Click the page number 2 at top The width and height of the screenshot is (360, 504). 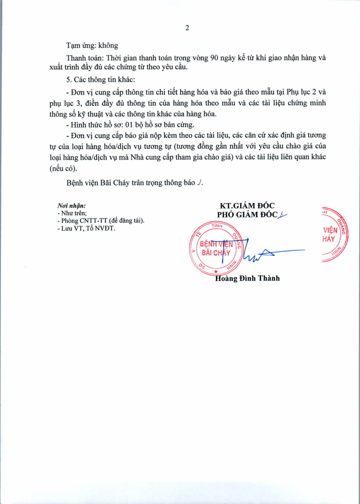(x=187, y=28)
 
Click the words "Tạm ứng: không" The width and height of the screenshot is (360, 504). (x=92, y=46)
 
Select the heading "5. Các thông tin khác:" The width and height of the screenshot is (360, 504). (x=97, y=79)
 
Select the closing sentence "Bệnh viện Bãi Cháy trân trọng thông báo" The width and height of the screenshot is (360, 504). (x=130, y=182)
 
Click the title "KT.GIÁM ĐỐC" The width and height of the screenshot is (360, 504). (x=247, y=206)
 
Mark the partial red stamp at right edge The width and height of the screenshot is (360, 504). (x=335, y=234)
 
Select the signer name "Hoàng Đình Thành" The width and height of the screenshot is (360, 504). (x=247, y=278)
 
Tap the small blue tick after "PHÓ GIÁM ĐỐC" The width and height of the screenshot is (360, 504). (x=283, y=216)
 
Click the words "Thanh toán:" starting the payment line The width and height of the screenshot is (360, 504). (x=82, y=58)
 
